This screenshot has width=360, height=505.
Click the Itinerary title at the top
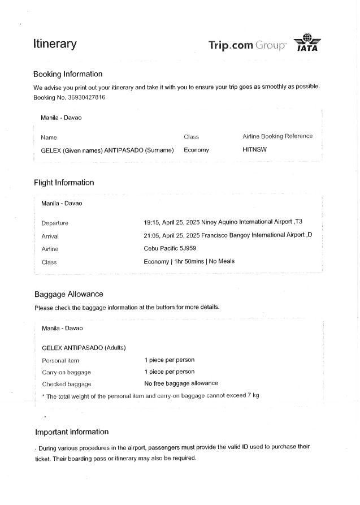tap(55, 44)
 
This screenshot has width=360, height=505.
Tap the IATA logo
tap(307, 43)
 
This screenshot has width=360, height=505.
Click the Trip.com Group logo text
tap(248, 45)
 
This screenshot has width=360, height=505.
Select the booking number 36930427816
tap(85, 97)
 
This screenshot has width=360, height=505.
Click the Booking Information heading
tap(68, 74)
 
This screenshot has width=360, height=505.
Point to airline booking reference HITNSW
tap(254, 150)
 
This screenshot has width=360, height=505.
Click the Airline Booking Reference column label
tap(277, 136)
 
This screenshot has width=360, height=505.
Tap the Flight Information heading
tap(64, 183)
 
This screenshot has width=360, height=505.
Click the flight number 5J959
tap(186, 248)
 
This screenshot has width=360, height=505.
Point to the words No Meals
tap(222, 261)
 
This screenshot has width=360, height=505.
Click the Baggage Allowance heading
tap(68, 294)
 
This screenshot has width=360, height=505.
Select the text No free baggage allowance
tap(181, 383)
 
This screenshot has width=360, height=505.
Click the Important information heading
tap(72, 432)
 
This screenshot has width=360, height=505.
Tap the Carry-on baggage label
tap(67, 372)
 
